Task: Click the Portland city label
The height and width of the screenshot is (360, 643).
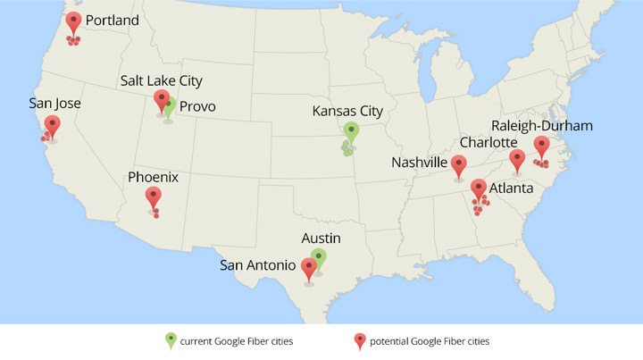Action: pos(113,20)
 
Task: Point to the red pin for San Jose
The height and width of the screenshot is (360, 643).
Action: pos(53,125)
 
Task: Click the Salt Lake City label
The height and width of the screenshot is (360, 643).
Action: pos(162,80)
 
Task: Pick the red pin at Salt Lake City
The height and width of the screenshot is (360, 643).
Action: pos(161,99)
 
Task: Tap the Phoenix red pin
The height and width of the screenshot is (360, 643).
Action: pos(154,197)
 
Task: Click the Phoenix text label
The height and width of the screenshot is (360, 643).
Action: pos(154,177)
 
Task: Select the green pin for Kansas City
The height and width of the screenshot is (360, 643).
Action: pos(351,131)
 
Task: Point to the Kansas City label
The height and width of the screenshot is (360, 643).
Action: pos(347,111)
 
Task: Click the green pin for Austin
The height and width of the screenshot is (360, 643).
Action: pos(319,258)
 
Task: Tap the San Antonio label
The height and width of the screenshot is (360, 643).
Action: pos(258,264)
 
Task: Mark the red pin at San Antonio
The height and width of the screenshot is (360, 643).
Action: pos(309,266)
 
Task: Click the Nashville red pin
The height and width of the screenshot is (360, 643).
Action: pos(458,164)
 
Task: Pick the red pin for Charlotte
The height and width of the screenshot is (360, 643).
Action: pos(517,159)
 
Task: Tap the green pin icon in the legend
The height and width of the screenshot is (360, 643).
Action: pos(170,339)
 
